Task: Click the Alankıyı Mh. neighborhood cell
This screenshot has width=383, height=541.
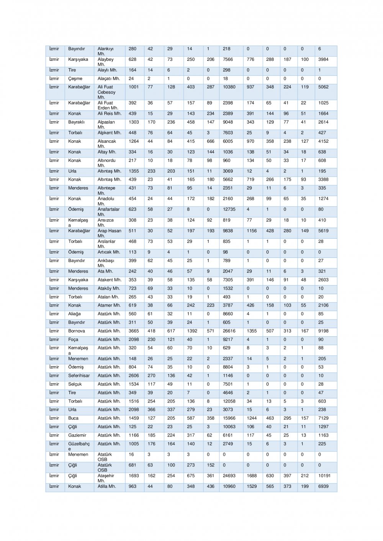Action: coord(105,51)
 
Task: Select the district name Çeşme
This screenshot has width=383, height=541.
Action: coord(75,78)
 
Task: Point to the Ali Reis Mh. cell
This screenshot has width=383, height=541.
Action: coord(109,114)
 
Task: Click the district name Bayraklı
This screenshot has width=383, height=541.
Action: coord(76,122)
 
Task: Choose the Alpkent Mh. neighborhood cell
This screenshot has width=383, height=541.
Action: coord(109,133)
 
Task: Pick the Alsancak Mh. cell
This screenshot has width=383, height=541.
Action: coord(106,143)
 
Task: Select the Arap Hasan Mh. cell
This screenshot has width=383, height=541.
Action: coord(109,233)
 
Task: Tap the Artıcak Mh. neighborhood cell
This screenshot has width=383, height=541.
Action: coord(109,252)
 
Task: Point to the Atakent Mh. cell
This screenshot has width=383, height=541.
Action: coord(109,280)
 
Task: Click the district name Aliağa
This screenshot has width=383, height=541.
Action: coord(74,314)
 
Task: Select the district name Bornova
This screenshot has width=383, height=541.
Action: coord(76,331)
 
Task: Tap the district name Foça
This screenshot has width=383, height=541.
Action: coord(73,339)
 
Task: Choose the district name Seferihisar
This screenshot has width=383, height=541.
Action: coord(79,376)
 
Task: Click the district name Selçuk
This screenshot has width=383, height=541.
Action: coord(75,384)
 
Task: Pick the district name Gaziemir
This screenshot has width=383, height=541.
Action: coord(77,435)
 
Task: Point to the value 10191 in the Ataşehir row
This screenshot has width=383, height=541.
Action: coord(324,476)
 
